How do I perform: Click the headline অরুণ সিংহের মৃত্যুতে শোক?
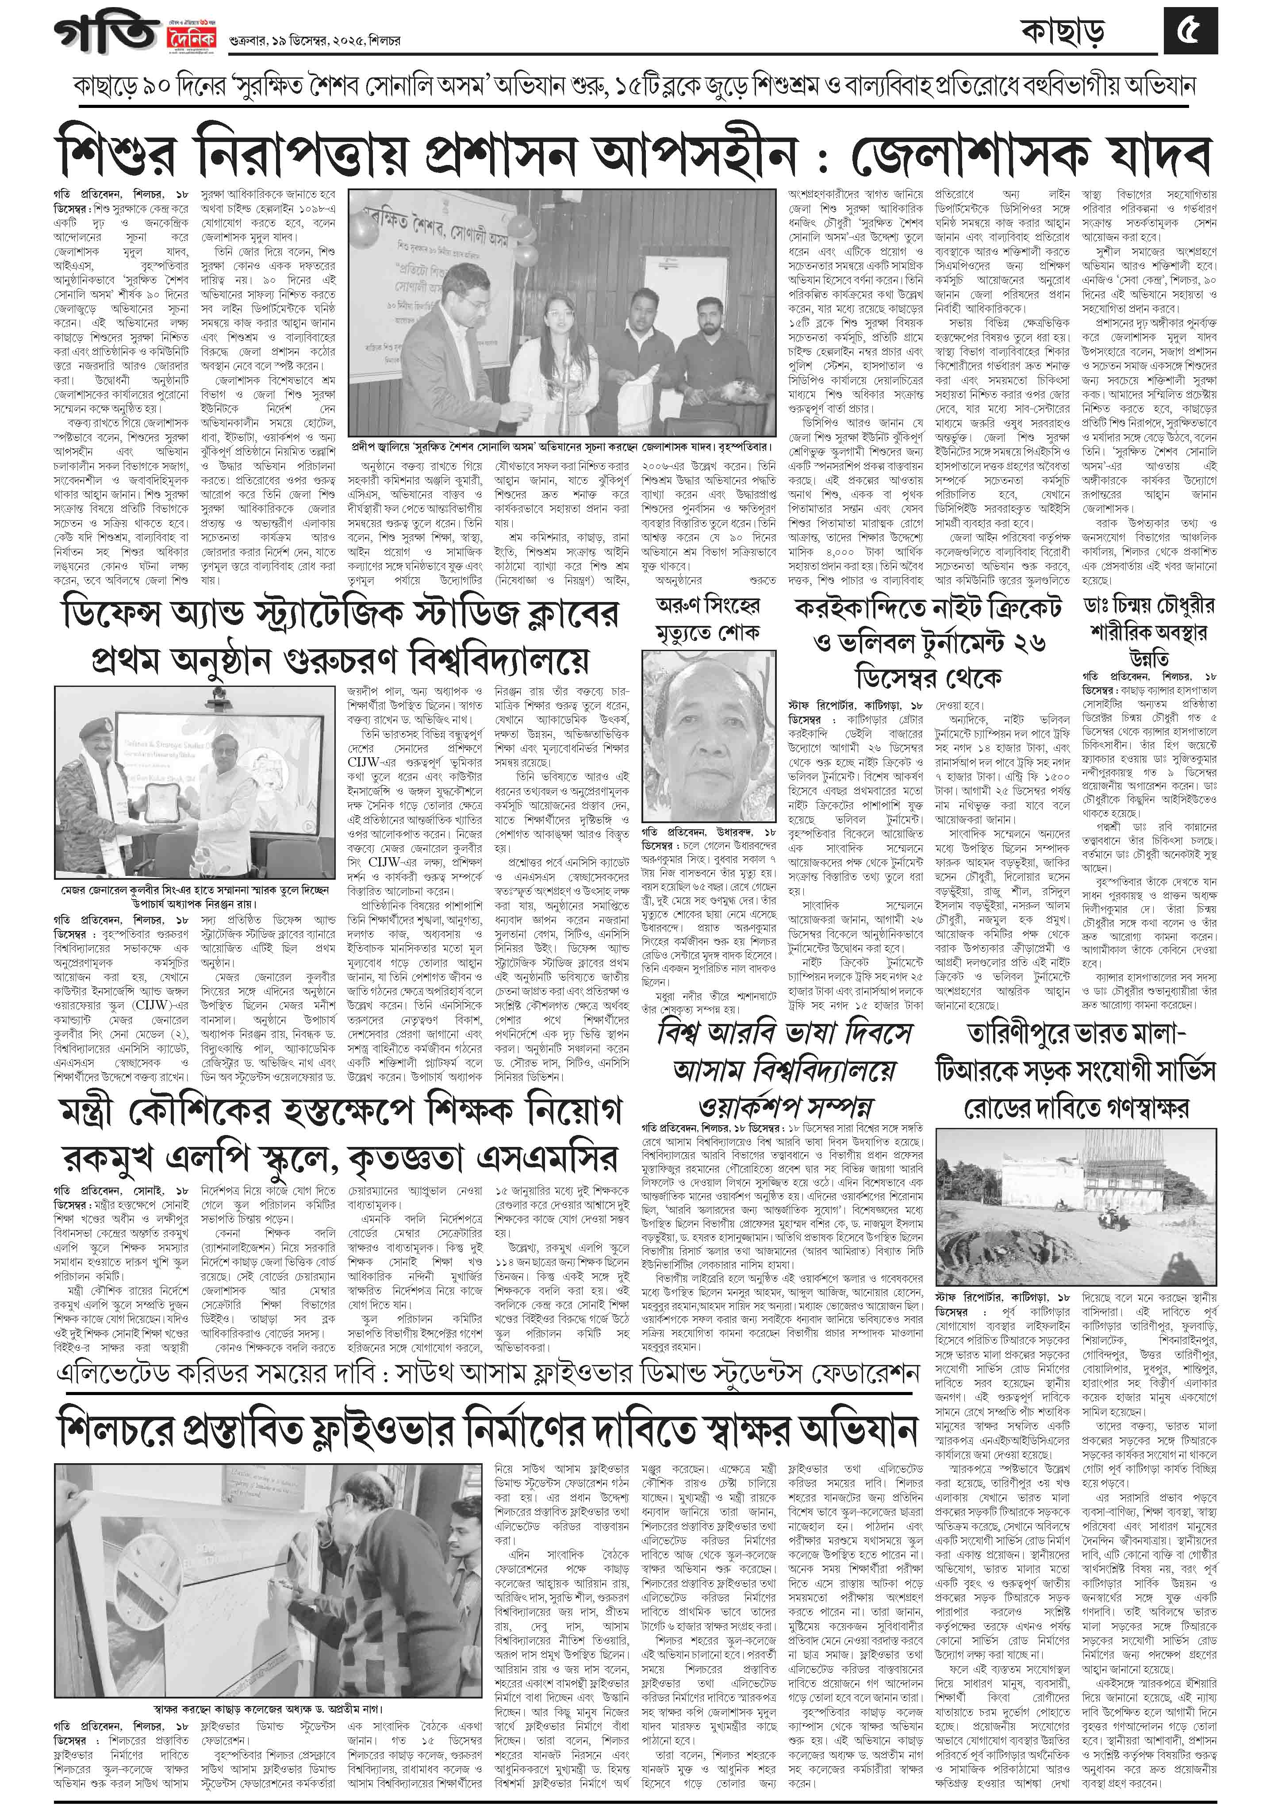pos(708,619)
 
